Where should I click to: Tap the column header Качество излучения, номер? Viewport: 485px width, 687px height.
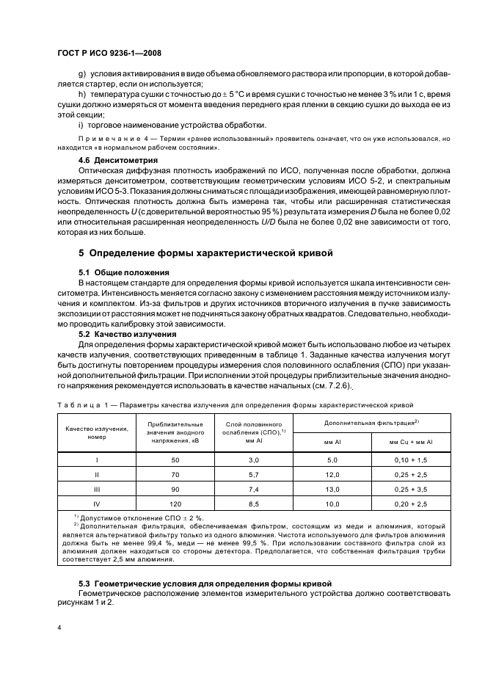(96, 432)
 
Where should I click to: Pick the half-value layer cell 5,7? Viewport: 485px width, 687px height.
(254, 476)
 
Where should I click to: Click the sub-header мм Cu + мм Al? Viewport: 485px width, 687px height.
(409, 442)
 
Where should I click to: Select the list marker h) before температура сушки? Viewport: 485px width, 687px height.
(81, 94)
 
